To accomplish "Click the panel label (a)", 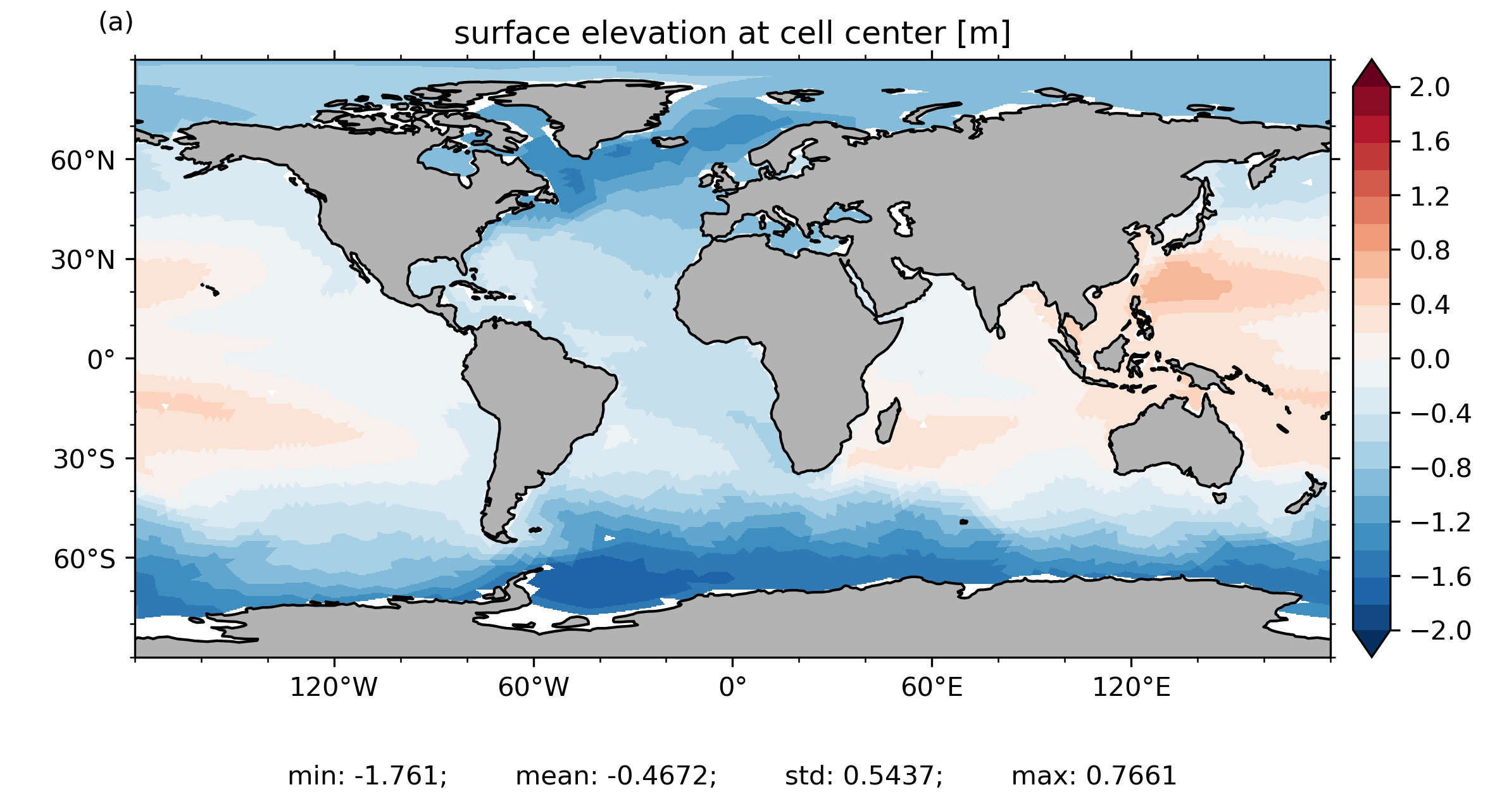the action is pyautogui.click(x=116, y=23).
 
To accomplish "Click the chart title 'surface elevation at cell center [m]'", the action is pyautogui.click(x=732, y=34).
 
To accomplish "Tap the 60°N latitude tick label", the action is pyautogui.click(x=83, y=161).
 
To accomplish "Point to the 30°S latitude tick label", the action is pyautogui.click(x=84, y=459).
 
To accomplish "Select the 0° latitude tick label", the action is pyautogui.click(x=101, y=360).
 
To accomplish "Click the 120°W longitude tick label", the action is pyautogui.click(x=334, y=687).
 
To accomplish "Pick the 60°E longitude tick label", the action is pyautogui.click(x=932, y=687).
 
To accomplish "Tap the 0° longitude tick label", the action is pyautogui.click(x=732, y=687).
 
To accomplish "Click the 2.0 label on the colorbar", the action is pyautogui.click(x=1430, y=87).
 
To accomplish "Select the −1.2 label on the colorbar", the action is pyautogui.click(x=1441, y=523).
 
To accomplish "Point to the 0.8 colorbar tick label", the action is pyautogui.click(x=1430, y=251).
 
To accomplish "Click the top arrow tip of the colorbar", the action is pyautogui.click(x=1372, y=60).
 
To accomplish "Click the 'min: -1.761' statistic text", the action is pyautogui.click(x=367, y=776).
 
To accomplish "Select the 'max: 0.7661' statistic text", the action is pyautogui.click(x=1094, y=776).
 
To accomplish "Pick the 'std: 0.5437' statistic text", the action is pyautogui.click(x=863, y=776).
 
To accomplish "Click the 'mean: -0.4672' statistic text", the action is pyautogui.click(x=616, y=776).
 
